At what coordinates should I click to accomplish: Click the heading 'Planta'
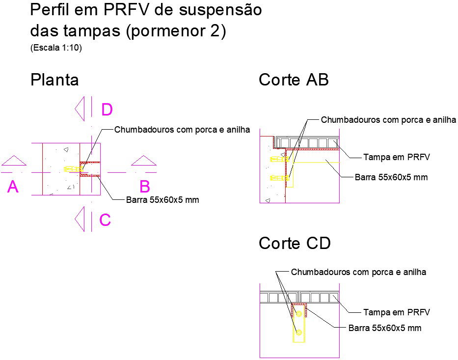coord(54,80)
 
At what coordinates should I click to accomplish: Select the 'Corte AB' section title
coord(294,80)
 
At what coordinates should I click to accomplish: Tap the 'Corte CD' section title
coord(295,243)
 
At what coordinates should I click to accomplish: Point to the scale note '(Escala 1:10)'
coord(55,48)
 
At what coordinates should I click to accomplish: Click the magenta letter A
coord(13,187)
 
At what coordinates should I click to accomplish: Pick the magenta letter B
coord(144,187)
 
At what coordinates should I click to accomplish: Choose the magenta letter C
coord(105,220)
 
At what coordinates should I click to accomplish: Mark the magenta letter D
coord(107,110)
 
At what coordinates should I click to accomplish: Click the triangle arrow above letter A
coord(14,161)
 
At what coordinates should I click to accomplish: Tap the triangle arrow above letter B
coord(144,161)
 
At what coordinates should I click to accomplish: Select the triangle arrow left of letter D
coord(80,109)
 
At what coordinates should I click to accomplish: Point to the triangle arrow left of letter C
coord(80,219)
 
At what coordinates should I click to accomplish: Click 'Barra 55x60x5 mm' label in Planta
coord(162,200)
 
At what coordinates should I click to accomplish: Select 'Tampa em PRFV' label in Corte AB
coord(397,157)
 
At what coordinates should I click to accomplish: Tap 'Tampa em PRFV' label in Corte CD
coord(397,312)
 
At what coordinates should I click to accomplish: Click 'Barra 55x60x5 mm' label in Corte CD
coord(385,328)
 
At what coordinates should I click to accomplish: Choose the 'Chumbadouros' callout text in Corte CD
coord(358,272)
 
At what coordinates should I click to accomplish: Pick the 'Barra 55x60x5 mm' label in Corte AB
coord(391,177)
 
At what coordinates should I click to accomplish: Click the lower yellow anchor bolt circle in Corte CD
coord(298,332)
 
